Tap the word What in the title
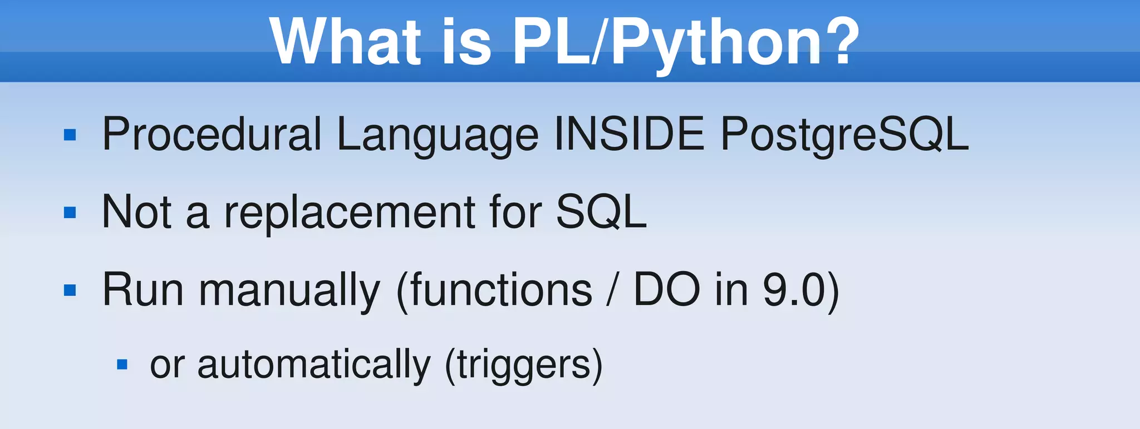(x=345, y=42)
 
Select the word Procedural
(x=212, y=135)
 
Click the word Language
(x=438, y=135)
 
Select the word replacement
(x=350, y=213)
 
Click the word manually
(x=289, y=291)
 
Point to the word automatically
(x=314, y=365)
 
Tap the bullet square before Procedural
(x=70, y=135)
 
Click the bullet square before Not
(x=70, y=213)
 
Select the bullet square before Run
(x=70, y=290)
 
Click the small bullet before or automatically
(x=122, y=365)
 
